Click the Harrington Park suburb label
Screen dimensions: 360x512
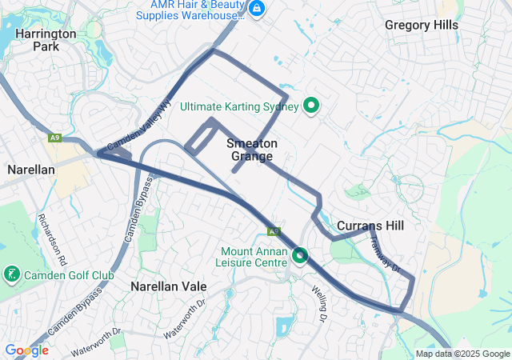coord(46,40)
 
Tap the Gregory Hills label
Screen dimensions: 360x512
coord(422,25)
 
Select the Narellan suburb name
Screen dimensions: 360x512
coord(30,170)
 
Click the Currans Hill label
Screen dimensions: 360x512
coord(370,226)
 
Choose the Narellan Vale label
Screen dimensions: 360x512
coord(169,286)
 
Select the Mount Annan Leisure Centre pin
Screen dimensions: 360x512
coord(300,255)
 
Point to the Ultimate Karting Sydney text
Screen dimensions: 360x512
coord(239,106)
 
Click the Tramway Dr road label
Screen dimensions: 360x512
coord(384,253)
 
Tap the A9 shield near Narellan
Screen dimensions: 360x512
coord(54,138)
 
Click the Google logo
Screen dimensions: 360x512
coord(26,350)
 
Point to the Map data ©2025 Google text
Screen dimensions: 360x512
coord(462,354)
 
